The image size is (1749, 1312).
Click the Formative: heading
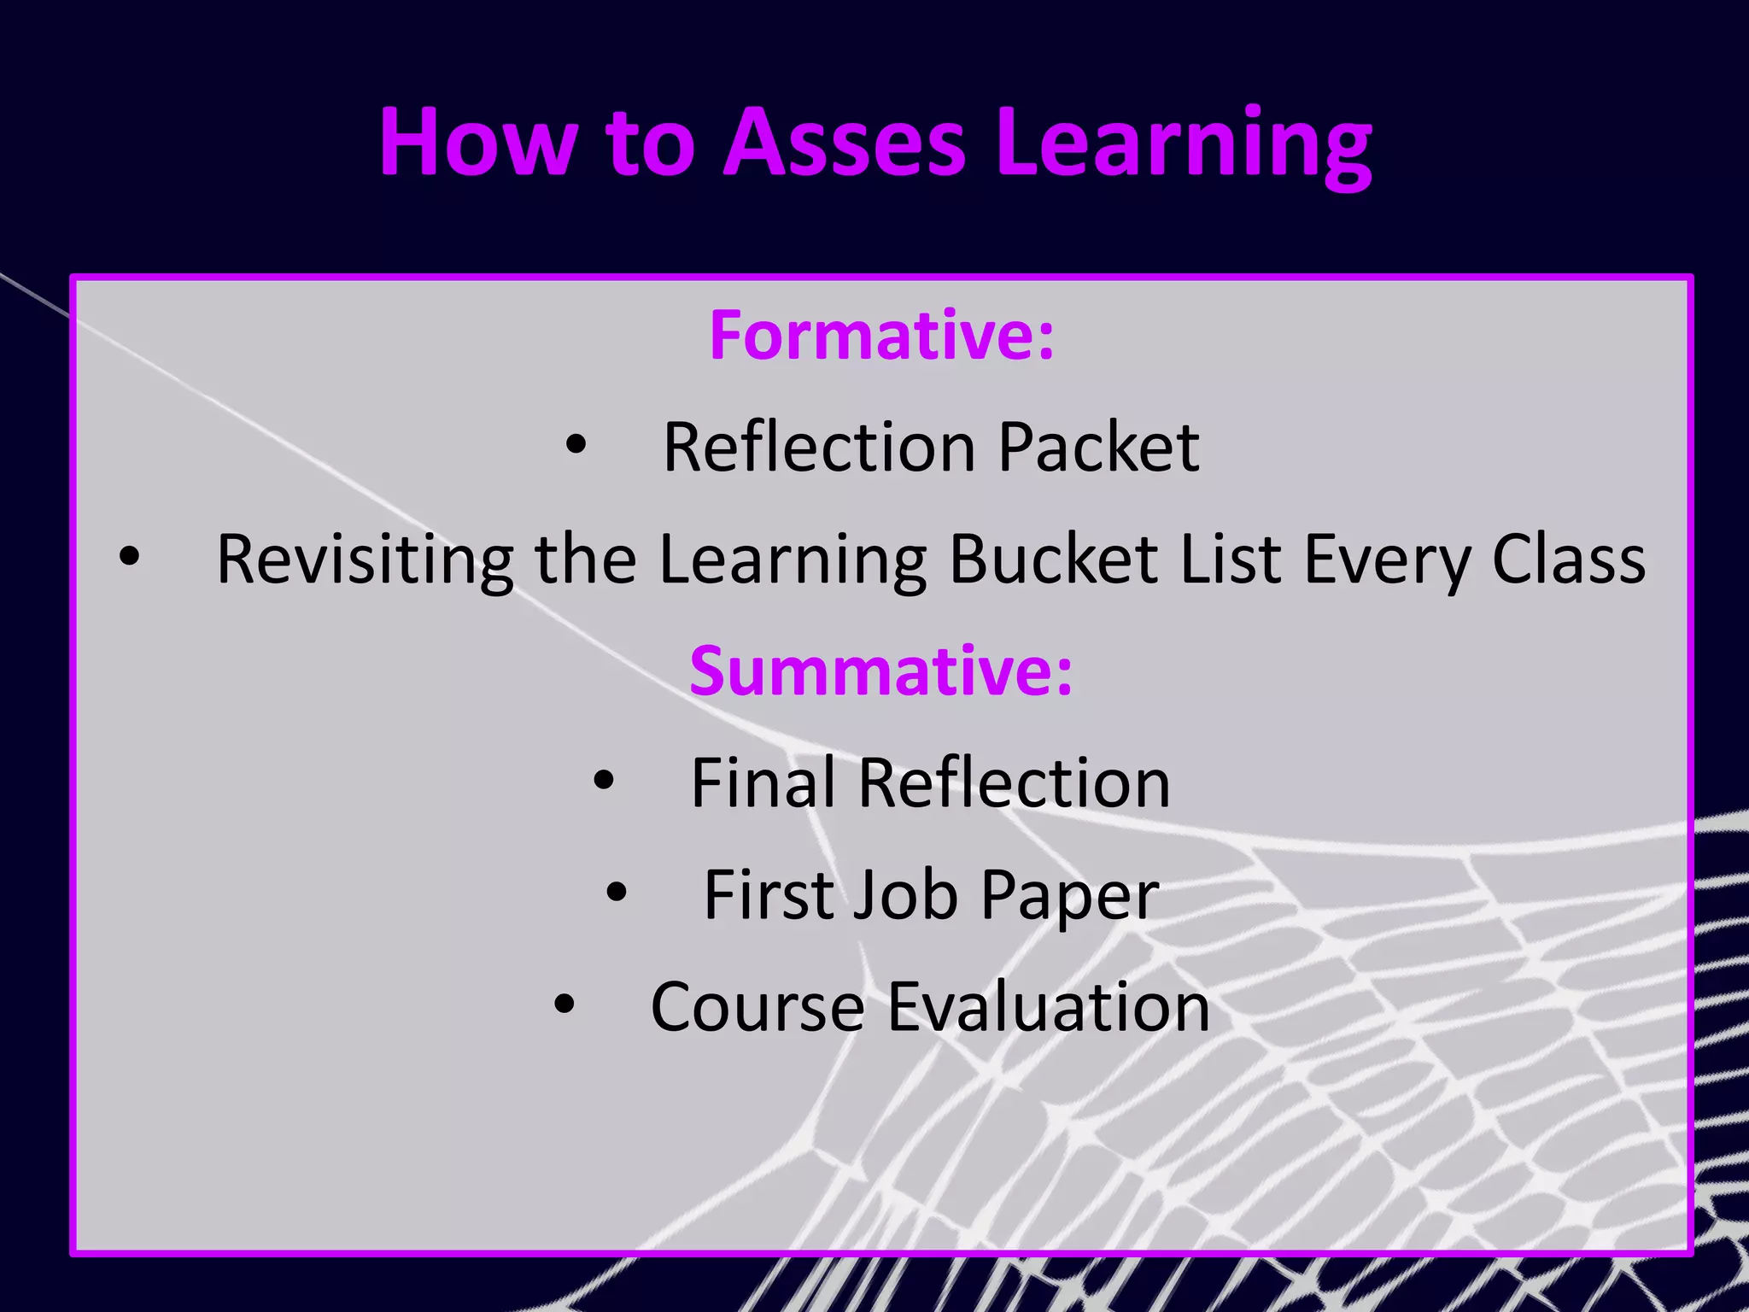tap(881, 336)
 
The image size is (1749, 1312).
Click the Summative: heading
tap(880, 671)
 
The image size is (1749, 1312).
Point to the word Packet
tap(1098, 448)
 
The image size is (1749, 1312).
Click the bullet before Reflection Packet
tap(576, 445)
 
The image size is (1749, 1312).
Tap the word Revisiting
tap(365, 559)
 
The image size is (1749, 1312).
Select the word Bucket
tap(1054, 559)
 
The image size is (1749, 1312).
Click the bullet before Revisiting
tap(129, 557)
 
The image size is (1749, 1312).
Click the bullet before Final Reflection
tap(604, 780)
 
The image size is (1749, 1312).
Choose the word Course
tap(758, 1007)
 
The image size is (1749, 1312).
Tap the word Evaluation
tap(1049, 1007)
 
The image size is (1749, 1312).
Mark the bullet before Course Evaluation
tap(564, 1004)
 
